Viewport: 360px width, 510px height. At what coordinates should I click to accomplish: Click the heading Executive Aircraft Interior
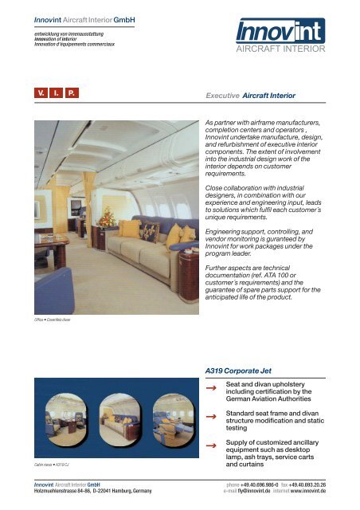point(250,96)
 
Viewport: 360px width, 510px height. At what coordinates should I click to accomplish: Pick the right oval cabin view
point(169,418)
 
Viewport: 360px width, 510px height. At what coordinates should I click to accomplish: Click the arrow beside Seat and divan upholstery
point(211,389)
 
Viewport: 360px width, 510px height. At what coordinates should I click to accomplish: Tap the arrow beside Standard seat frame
point(211,416)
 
